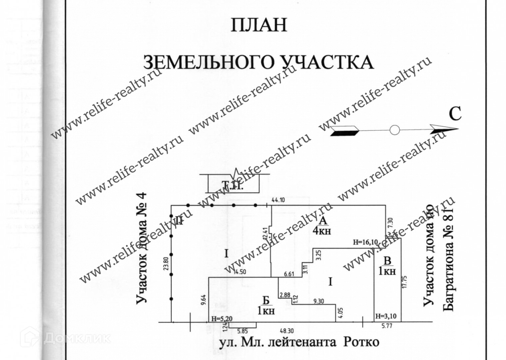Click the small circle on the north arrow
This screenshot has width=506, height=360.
395,130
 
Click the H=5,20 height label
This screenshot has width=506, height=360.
222,319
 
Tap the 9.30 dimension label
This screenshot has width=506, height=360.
319,301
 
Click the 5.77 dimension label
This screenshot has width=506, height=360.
387,326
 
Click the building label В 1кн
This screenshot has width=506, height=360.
387,265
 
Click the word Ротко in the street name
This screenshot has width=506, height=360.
361,342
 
